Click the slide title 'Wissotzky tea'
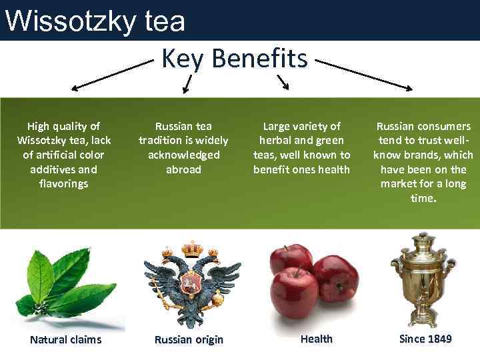click(95, 21)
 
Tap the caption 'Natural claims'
click(66, 339)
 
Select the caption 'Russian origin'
click(189, 339)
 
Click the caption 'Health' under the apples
click(316, 339)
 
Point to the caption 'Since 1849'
click(425, 339)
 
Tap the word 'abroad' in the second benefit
click(183, 169)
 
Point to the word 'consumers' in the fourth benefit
click(442, 126)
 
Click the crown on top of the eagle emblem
click(193, 248)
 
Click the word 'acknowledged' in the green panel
click(183, 155)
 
